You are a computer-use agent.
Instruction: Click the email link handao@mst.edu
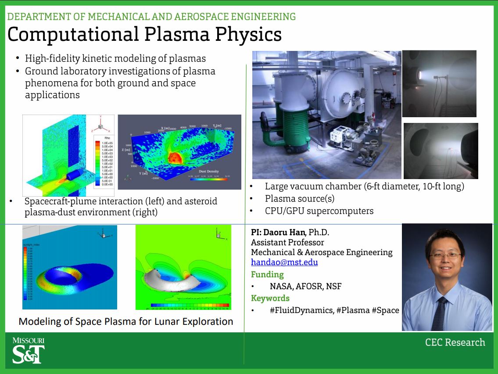click(x=284, y=263)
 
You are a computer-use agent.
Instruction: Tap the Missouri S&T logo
click(x=28, y=350)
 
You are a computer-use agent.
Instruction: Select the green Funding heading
click(x=267, y=275)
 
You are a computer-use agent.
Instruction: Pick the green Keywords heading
click(x=270, y=298)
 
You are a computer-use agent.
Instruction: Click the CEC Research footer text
click(x=455, y=342)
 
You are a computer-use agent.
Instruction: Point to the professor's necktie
click(x=439, y=313)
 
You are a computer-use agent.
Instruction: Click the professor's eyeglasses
click(x=445, y=255)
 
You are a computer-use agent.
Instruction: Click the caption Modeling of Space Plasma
click(x=125, y=321)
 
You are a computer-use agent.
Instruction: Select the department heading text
click(x=151, y=17)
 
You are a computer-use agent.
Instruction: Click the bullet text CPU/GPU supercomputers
click(x=319, y=211)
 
